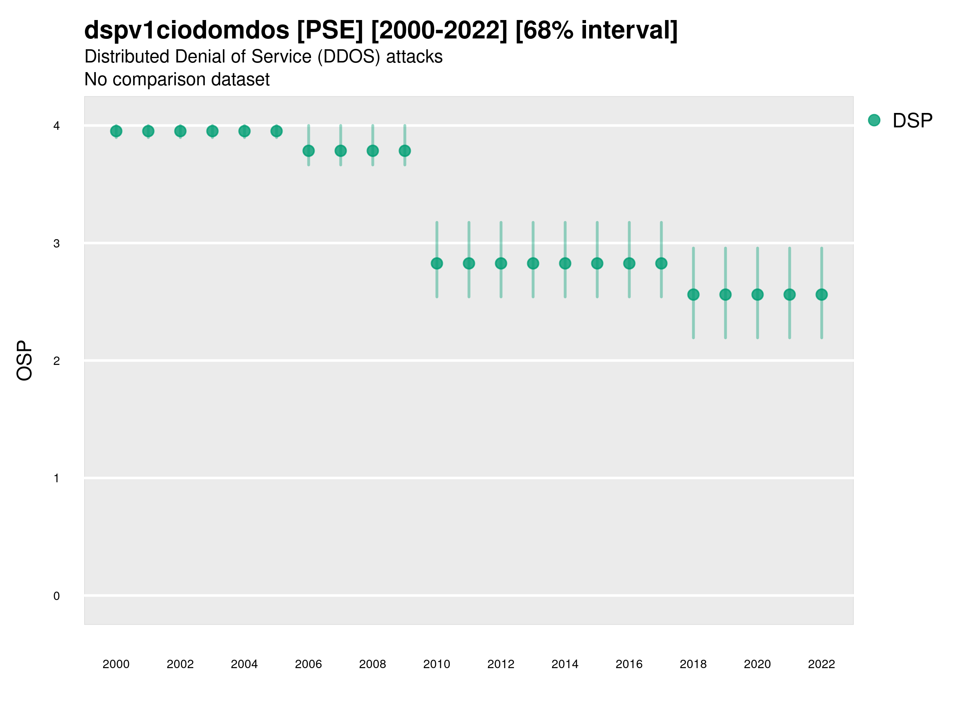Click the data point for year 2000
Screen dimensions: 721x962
tap(116, 131)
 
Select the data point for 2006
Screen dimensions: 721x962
tap(308, 151)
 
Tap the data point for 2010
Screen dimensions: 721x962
tap(437, 264)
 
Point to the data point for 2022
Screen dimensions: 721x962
tap(822, 295)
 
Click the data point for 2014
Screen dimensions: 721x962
tap(565, 264)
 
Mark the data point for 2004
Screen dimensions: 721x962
tap(245, 131)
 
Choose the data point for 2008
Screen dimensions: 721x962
tap(373, 151)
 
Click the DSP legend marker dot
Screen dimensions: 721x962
tap(874, 121)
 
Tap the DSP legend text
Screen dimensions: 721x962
tap(912, 121)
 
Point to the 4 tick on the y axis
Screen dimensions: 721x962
tap(57, 126)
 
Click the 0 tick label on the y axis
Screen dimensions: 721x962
tap(57, 596)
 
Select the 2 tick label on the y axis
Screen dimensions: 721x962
tap(57, 361)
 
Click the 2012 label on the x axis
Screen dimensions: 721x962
tap(501, 664)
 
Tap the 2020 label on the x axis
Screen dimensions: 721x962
tap(757, 664)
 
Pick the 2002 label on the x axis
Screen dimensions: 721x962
tap(180, 664)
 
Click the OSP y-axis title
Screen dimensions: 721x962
tap(25, 361)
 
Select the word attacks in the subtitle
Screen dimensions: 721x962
tap(414, 57)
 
